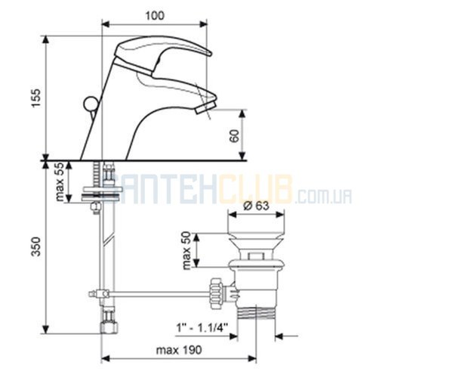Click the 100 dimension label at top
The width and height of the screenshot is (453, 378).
155,16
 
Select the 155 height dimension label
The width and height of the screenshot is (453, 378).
36,98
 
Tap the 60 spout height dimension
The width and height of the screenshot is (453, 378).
235,135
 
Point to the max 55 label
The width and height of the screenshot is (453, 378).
60,181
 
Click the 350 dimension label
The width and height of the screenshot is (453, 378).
36,246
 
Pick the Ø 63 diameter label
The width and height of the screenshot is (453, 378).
256,206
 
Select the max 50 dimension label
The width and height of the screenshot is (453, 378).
187,250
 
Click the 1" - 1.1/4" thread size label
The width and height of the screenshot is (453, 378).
202,328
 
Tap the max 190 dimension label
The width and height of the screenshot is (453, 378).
179,350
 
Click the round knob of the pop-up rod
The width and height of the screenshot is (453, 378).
90,104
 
